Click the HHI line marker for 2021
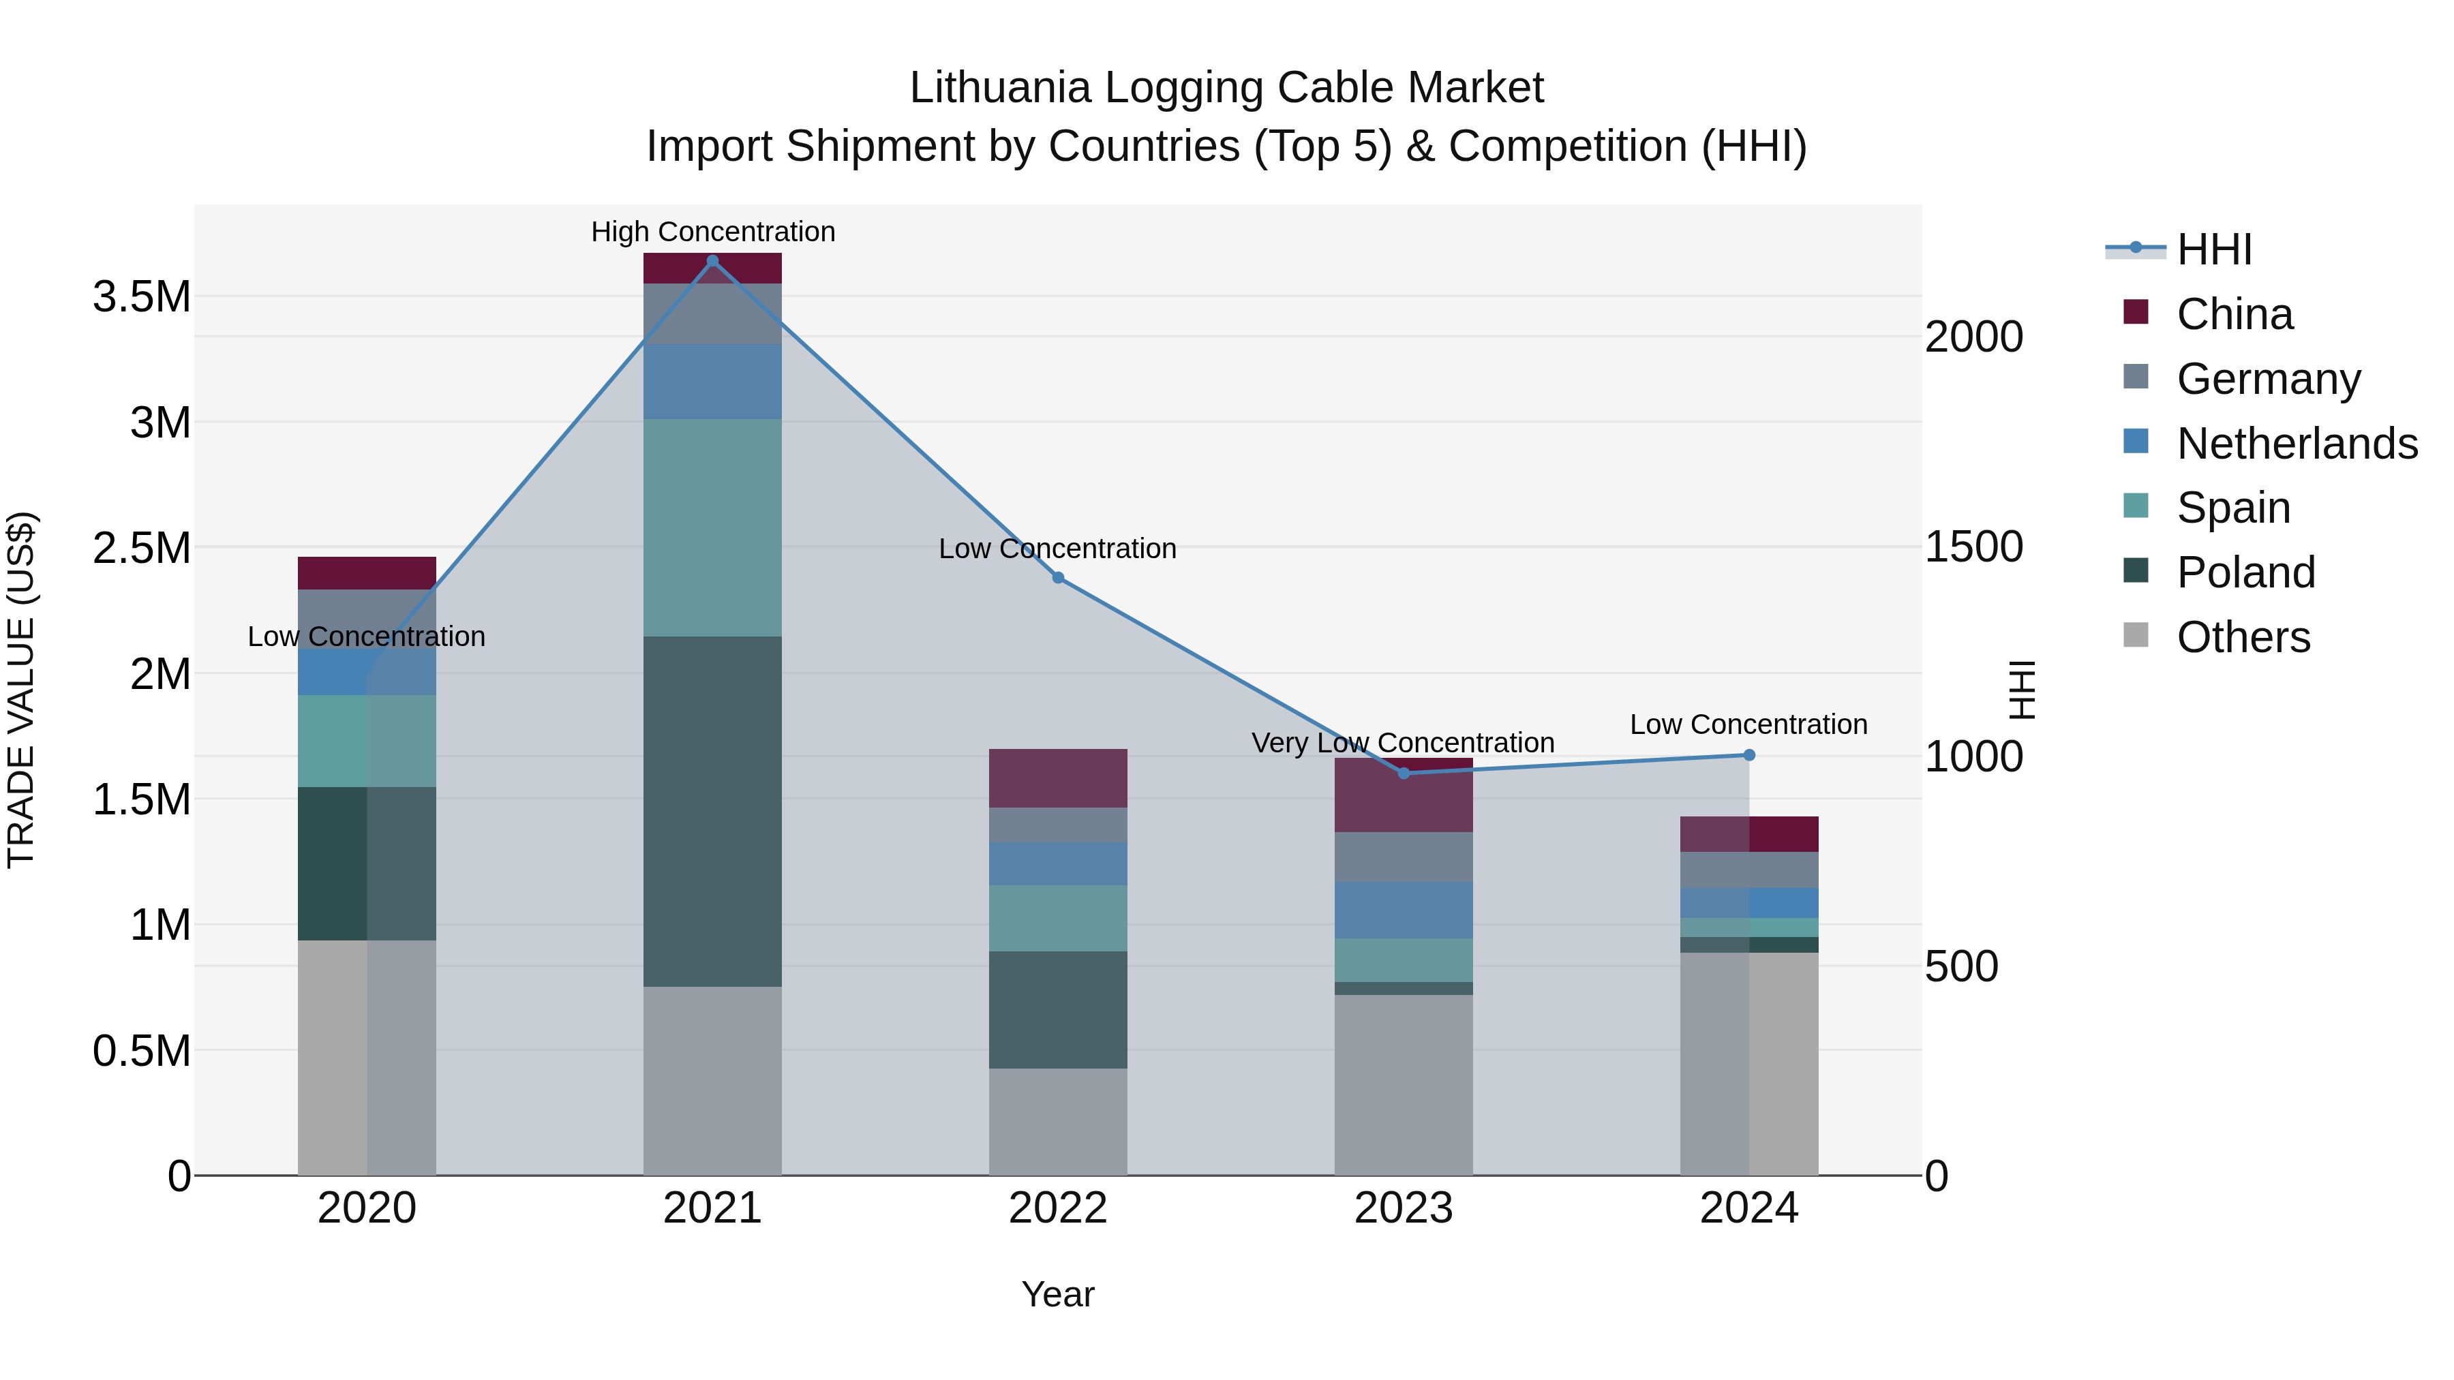[712, 261]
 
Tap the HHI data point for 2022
[1057, 578]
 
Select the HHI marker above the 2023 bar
[1404, 773]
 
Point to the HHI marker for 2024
[1749, 755]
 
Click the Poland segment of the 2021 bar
[712, 812]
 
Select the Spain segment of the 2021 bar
[712, 527]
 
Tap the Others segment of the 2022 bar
[1057, 1121]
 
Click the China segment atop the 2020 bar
[367, 573]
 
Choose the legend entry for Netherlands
[2296, 444]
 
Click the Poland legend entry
[2245, 572]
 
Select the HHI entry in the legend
[2213, 249]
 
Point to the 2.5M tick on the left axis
[142, 549]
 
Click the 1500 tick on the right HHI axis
[1973, 548]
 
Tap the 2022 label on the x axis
[1057, 1208]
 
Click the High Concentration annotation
[712, 232]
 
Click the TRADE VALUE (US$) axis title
[21, 690]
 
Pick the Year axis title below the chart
[1057, 1294]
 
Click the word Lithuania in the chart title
[999, 88]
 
